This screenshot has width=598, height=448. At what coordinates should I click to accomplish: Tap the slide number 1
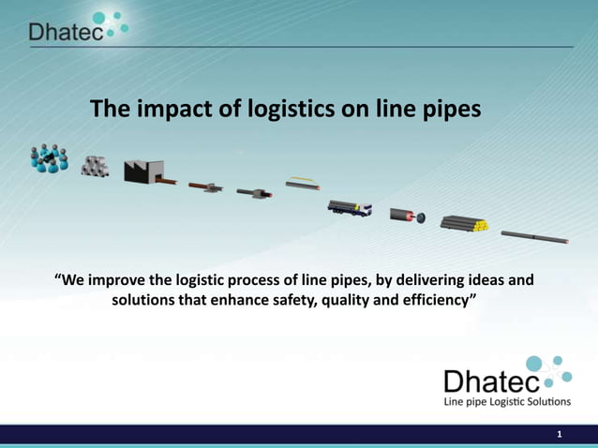(x=559, y=434)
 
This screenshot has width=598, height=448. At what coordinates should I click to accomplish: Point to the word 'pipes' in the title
(x=450, y=110)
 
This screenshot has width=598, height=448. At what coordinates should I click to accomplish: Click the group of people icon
(x=49, y=158)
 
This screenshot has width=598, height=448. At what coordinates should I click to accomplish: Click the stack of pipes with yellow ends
(x=466, y=224)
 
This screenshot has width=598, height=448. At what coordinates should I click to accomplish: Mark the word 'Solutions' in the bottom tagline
(x=541, y=402)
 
